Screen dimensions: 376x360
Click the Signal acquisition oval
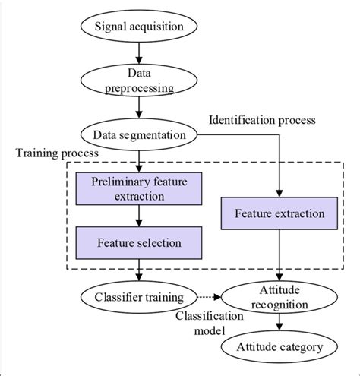(138, 28)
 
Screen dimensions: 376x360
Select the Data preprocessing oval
(138, 81)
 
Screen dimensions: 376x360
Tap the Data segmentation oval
(138, 134)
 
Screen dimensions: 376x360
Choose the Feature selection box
(138, 243)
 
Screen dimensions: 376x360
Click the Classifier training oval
(138, 296)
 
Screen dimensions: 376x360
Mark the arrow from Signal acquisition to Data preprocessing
(138, 54)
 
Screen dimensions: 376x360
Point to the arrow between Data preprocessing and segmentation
(138, 108)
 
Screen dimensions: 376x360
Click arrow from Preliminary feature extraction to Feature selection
(138, 216)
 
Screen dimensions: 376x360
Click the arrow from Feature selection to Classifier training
(138, 270)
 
